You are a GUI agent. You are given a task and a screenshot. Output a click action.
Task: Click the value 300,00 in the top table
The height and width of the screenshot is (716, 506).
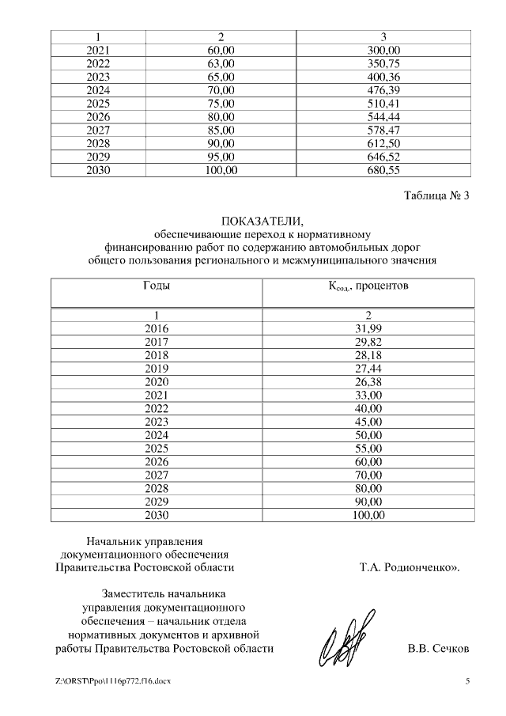383,51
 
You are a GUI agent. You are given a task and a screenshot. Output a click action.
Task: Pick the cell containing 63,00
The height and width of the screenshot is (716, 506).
221,64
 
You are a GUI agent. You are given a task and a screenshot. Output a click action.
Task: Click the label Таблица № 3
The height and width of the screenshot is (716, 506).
436,197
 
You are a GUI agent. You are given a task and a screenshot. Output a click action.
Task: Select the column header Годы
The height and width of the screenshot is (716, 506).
157,286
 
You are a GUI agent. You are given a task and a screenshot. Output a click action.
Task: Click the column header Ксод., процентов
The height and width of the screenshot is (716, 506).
368,286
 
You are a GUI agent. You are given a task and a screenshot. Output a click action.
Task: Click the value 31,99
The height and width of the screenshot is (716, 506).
368,328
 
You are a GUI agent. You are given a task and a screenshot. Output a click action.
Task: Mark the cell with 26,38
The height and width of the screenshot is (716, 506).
368,381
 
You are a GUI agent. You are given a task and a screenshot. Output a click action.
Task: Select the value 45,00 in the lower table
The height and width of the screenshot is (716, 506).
368,422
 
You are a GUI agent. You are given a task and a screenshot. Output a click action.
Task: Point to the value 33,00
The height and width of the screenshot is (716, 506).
368,395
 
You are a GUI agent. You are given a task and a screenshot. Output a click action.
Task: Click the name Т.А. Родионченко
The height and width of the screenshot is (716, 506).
408,567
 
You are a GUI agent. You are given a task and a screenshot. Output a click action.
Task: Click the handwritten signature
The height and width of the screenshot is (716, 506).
342,639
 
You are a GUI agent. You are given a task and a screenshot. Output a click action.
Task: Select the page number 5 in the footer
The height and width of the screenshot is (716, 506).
467,681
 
